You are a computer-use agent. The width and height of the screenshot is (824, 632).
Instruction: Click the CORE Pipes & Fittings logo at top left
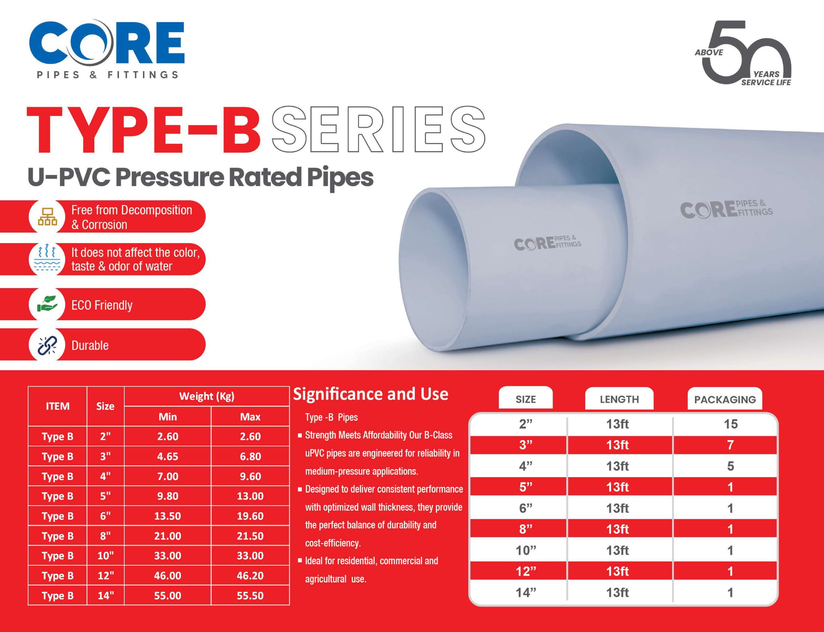[107, 49]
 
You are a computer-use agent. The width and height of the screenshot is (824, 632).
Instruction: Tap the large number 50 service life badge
[743, 53]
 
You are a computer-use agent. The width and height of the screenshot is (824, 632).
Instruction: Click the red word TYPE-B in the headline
[144, 130]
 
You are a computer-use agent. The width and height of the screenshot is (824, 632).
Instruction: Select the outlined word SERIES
[378, 130]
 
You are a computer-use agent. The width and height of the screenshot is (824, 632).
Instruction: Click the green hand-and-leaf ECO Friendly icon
[47, 304]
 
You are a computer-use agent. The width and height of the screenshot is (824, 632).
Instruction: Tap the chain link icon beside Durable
[47, 345]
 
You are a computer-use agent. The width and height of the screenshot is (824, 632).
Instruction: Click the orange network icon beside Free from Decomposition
[47, 217]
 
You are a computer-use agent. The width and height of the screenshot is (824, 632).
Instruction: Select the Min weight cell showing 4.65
[168, 456]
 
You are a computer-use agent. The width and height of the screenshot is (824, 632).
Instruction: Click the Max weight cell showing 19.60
[250, 516]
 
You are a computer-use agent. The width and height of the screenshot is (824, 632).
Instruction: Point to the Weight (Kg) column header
[207, 396]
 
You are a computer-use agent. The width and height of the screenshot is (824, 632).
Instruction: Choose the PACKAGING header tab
[725, 399]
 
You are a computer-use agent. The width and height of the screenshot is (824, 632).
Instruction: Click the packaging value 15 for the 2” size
[731, 424]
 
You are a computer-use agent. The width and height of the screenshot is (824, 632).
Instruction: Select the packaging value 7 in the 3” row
[730, 445]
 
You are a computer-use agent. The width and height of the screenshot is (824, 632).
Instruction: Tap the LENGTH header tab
[619, 399]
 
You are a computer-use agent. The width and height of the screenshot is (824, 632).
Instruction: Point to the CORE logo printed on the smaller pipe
[548, 243]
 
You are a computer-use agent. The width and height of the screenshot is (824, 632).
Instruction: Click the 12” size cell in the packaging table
[526, 571]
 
